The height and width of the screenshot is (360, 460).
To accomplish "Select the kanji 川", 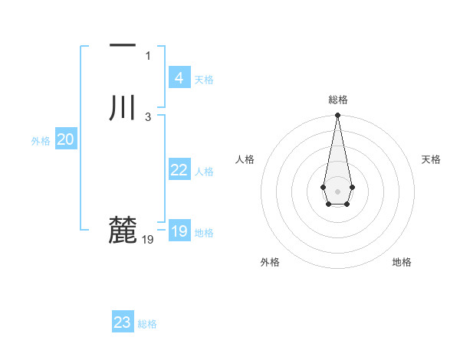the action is coord(123,107).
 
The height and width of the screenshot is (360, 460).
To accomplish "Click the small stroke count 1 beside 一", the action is coord(148,55).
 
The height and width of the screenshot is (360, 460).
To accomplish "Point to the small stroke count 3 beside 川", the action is coord(148,116).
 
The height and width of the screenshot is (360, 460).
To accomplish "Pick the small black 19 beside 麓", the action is coord(148,239).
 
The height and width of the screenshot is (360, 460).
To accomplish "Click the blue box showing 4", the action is coord(179,78).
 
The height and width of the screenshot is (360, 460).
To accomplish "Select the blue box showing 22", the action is coord(179,170).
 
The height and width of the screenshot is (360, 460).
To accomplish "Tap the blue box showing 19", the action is coord(179,231).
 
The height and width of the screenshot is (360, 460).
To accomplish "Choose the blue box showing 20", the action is coord(66,139).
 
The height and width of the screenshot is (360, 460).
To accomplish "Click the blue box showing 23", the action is coord(123,322).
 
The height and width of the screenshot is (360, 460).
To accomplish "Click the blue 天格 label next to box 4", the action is coord(204,80).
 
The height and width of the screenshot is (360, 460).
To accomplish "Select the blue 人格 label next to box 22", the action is coord(204,172).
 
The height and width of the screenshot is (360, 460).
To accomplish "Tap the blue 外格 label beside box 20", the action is coord(41,141).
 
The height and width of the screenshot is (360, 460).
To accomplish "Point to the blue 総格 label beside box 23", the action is coord(147,324).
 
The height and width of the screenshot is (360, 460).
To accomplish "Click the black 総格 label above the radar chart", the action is coord(338,100).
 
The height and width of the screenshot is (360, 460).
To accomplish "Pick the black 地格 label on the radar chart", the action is coord(402,262).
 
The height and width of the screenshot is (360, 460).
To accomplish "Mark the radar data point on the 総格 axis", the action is coord(337,116).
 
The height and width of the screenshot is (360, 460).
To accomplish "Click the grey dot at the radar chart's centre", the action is coord(337,190).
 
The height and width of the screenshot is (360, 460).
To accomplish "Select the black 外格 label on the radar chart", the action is coord(270,262).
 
